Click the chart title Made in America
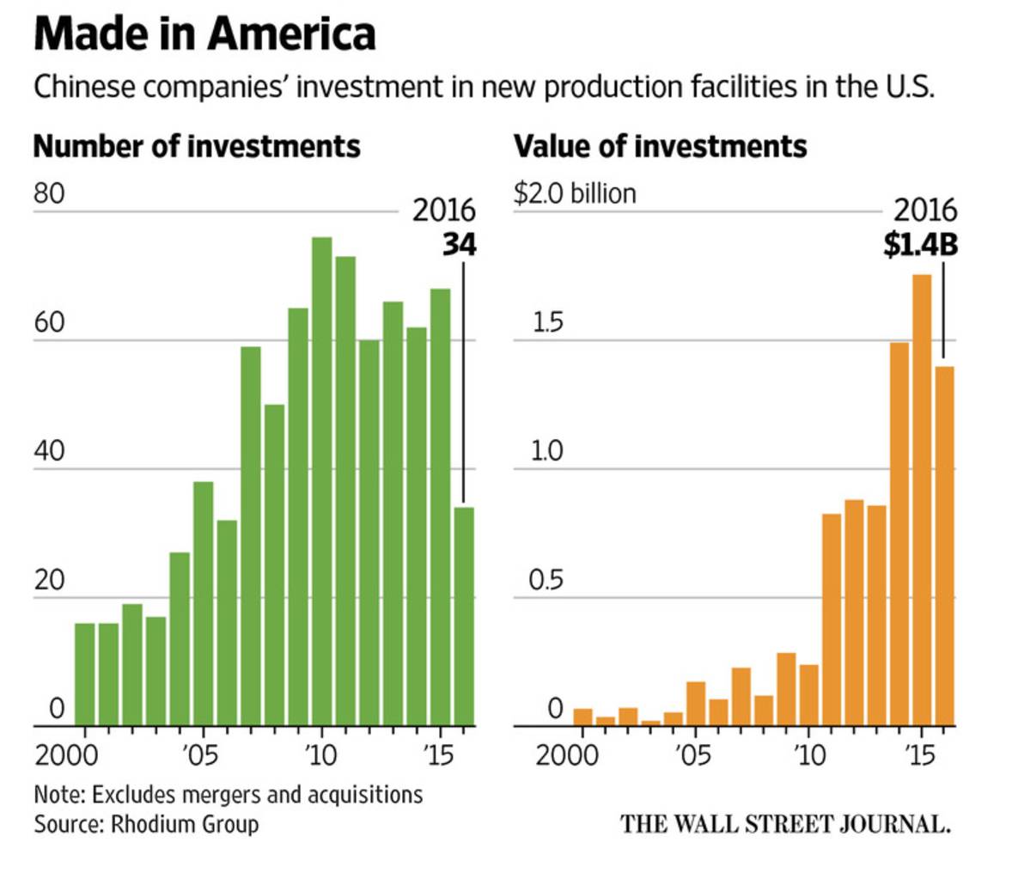point(204,34)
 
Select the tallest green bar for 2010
point(321,481)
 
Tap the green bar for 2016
point(463,616)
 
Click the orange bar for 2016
point(944,546)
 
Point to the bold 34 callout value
point(459,246)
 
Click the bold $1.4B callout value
point(920,246)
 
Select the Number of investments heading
point(197,146)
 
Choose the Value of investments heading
point(660,146)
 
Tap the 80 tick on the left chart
point(49,194)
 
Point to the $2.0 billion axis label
point(575,193)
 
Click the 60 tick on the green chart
point(49,324)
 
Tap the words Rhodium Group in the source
point(184,824)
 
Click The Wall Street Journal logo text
point(785,824)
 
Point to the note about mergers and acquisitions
point(228,794)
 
